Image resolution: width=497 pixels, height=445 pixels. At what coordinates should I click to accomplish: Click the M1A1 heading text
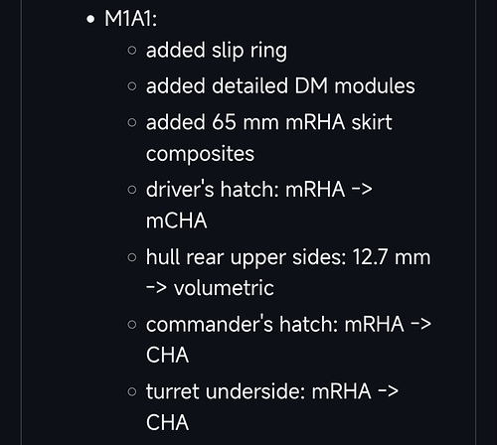[x=130, y=19]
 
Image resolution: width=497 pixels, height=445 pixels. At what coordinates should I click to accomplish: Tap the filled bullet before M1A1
[x=90, y=19]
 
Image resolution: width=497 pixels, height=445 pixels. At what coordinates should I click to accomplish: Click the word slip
[x=228, y=51]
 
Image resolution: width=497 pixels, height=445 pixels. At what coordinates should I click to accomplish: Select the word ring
[x=268, y=52]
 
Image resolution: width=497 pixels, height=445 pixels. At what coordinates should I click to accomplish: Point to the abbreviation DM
[x=311, y=86]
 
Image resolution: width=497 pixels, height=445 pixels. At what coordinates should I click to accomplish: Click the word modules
[x=375, y=86]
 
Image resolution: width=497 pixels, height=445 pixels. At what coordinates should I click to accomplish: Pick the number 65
[x=224, y=122]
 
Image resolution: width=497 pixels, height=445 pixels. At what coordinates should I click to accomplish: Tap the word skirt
[x=372, y=122]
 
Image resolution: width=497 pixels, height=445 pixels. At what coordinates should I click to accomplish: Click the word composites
[x=200, y=154]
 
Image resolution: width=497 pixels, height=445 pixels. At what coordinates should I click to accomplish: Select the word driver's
[x=180, y=190]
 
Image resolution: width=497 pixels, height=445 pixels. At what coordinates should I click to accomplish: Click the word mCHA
[x=177, y=221]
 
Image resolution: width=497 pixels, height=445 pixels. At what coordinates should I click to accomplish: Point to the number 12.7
[x=370, y=257]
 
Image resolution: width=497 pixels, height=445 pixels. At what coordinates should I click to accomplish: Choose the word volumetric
[x=224, y=288]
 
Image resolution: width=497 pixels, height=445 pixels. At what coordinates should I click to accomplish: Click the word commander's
[x=210, y=324]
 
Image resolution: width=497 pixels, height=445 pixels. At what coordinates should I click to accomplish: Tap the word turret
[x=172, y=391]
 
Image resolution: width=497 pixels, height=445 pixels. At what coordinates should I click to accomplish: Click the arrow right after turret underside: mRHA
[x=388, y=391]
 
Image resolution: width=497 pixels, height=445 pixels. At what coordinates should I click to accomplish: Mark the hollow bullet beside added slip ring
[x=132, y=51]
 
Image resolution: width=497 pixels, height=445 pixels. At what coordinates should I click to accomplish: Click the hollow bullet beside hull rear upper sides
[x=132, y=257]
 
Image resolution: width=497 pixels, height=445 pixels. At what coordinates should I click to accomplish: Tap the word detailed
[x=249, y=86]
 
